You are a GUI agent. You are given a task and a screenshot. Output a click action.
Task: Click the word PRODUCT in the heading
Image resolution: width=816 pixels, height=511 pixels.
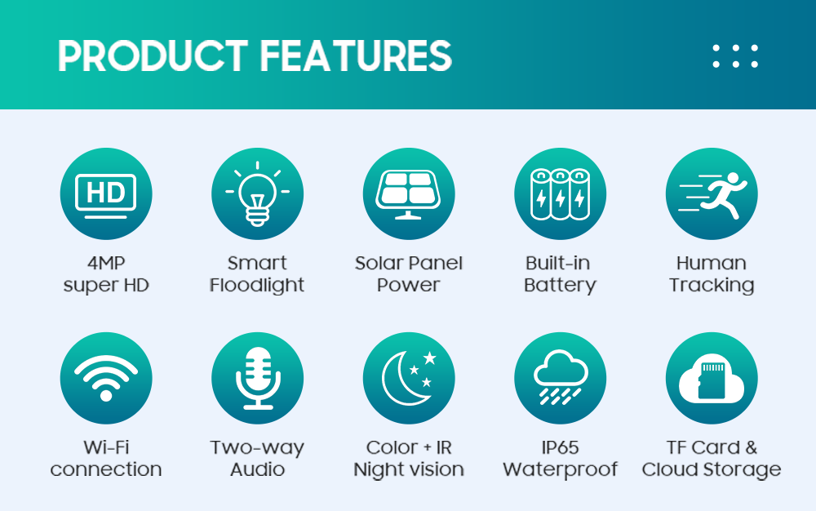[153, 56]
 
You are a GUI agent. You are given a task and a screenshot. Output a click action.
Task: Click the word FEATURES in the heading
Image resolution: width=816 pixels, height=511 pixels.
[356, 56]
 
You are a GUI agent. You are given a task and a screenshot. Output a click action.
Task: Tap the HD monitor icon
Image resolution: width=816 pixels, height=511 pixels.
[106, 196]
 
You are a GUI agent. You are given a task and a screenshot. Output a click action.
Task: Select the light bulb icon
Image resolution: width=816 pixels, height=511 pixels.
[257, 193]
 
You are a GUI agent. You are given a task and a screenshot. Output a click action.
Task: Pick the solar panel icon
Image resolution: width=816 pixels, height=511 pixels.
[409, 194]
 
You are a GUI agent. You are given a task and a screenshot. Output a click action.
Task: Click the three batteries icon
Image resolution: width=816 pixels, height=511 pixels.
[560, 194]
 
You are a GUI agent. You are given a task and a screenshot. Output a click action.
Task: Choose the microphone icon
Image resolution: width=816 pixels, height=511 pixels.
[258, 378]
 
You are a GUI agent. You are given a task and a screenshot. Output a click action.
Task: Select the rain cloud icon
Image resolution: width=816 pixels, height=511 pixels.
[561, 377]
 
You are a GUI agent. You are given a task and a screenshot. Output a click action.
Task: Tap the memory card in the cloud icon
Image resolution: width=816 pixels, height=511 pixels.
[712, 378]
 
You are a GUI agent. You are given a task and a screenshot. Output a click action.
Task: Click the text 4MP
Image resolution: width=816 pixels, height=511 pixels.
[106, 263]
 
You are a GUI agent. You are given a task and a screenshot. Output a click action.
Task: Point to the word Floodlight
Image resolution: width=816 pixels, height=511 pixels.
[257, 285]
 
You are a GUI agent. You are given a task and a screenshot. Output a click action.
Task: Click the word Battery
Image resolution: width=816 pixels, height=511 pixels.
[560, 286]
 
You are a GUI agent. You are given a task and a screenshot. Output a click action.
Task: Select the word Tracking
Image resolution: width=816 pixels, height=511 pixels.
[712, 286]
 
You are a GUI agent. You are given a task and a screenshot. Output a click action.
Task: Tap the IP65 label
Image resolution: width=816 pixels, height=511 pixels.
[560, 447]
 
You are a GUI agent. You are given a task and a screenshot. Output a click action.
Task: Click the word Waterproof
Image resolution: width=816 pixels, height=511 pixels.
[560, 470]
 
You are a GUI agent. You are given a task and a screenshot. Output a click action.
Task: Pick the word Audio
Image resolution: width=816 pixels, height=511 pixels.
[258, 469]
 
